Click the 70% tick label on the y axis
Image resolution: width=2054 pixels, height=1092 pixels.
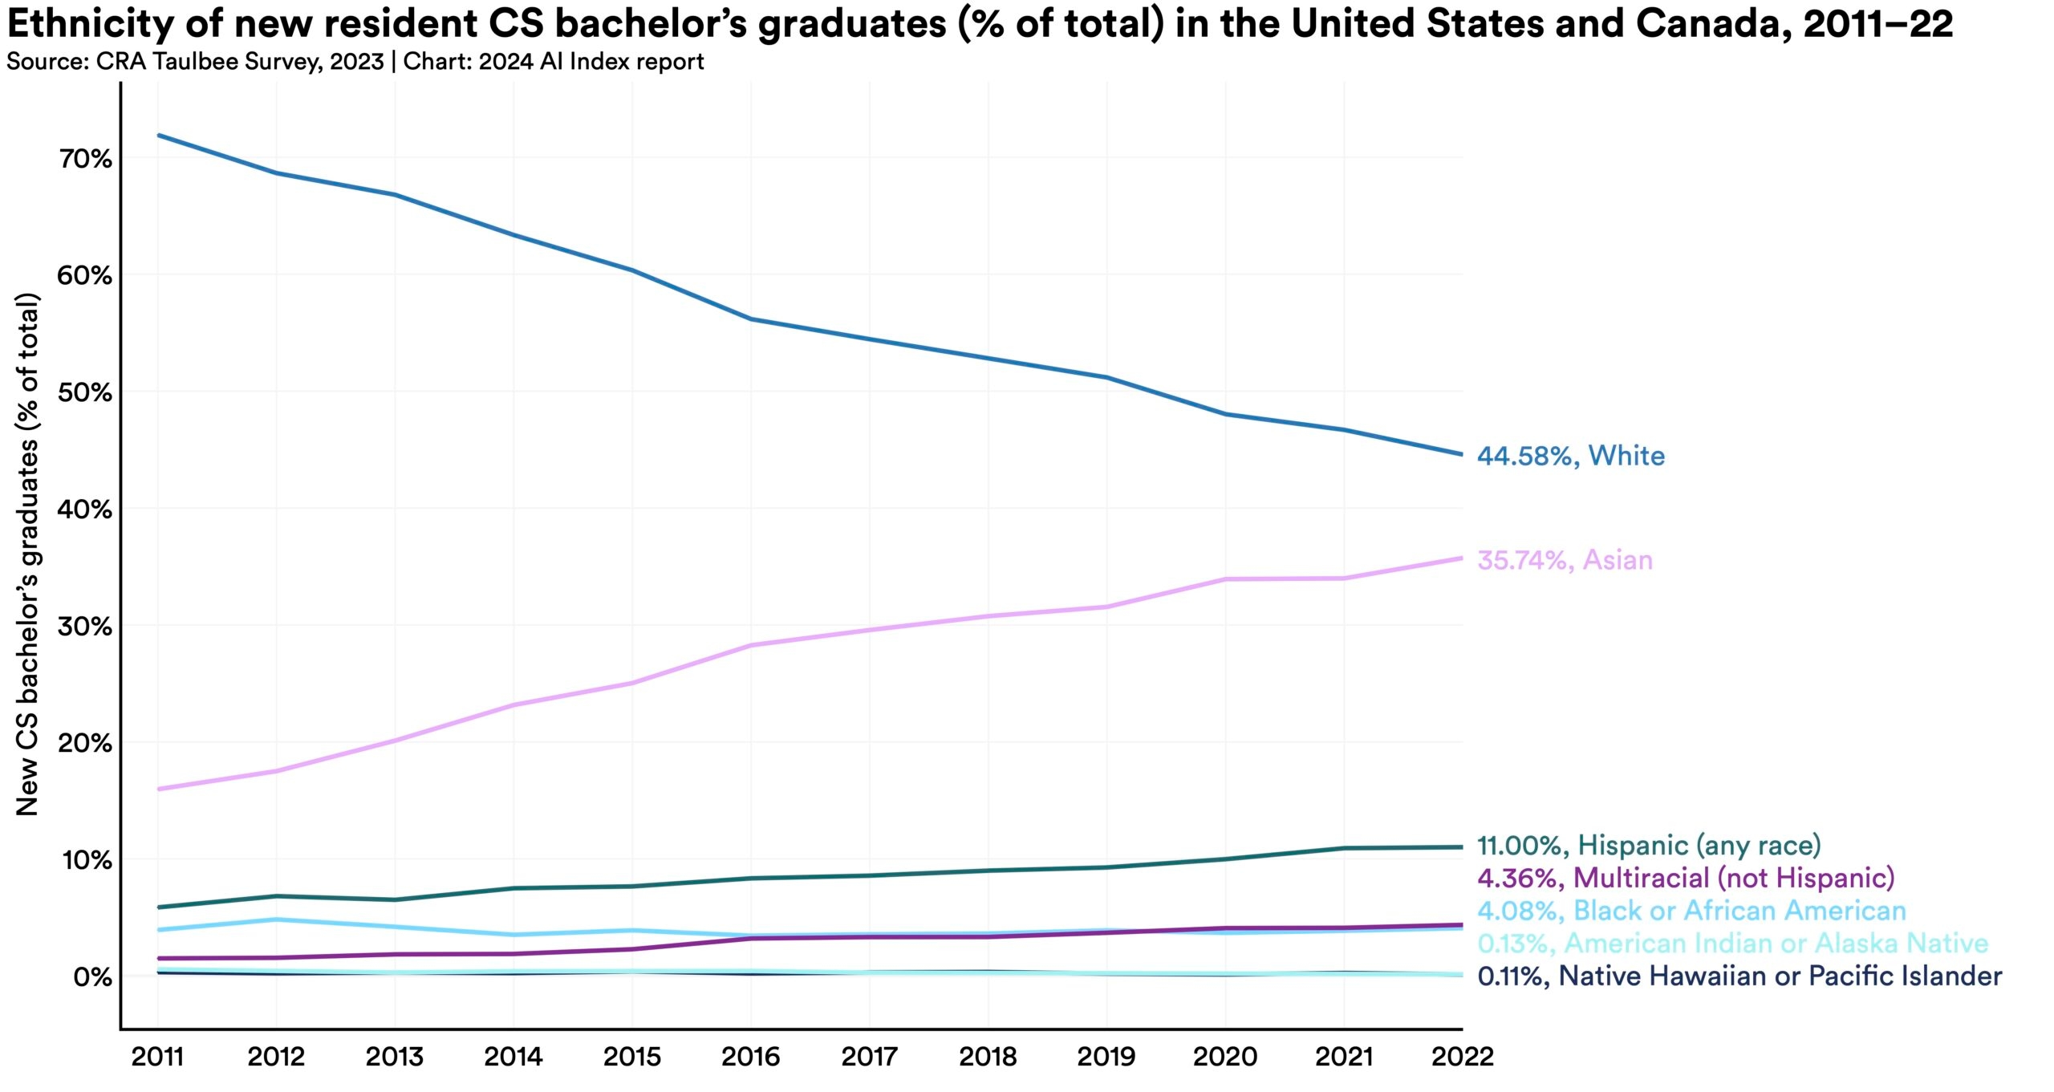tap(84, 159)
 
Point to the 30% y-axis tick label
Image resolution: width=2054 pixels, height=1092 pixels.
tap(84, 627)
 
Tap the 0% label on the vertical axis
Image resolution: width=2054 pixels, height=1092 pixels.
tap(92, 977)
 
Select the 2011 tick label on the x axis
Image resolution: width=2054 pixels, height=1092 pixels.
tap(157, 1057)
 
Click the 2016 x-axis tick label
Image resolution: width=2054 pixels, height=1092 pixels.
tap(750, 1057)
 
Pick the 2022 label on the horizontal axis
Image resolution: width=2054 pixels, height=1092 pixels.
tap(1462, 1057)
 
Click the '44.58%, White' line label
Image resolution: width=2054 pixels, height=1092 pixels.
tap(1570, 456)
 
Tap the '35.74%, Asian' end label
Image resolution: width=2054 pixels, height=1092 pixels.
tap(1565, 560)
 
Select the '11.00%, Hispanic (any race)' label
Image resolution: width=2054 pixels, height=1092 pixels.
tap(1649, 845)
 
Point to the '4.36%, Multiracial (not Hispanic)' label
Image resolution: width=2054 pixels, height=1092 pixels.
tap(1686, 878)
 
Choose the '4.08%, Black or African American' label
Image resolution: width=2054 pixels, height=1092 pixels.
tap(1691, 911)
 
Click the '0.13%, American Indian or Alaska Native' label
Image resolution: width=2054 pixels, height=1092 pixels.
tap(1732, 943)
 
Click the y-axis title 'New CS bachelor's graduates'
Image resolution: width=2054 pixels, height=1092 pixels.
tap(27, 554)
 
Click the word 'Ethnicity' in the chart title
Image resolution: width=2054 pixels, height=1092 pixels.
tap(89, 24)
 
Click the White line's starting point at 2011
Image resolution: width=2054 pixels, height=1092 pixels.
tap(158, 135)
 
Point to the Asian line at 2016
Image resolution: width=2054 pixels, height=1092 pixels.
tap(751, 645)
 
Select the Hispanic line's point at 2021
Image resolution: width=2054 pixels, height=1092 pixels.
tap(1344, 848)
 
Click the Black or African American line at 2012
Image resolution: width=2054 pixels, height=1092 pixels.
tap(277, 919)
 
